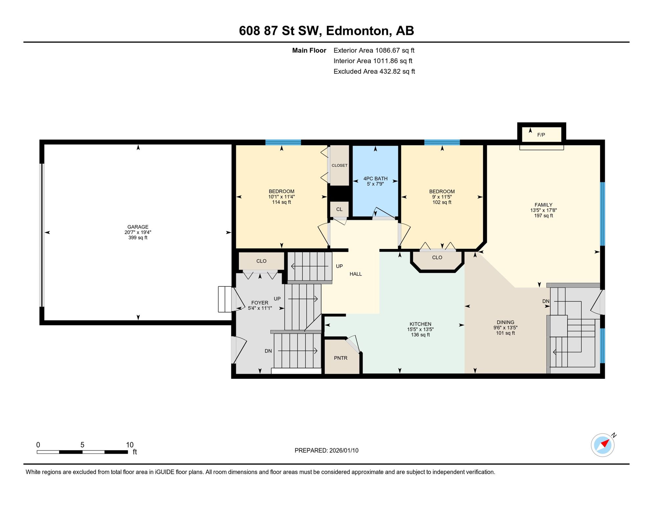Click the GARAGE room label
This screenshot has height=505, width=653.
pos(138,227)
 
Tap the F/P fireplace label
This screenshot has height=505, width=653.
pos(541,135)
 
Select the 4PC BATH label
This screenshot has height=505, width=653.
pos(375,179)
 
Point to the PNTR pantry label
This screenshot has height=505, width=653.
pos(341,358)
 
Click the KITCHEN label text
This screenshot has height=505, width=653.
pos(420,324)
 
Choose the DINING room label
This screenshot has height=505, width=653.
pos(506,323)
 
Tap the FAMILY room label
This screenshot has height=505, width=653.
pos(544,205)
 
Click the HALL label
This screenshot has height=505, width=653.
pos(356,274)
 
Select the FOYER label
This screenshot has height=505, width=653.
pos(260,303)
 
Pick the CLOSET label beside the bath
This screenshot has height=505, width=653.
pos(340,165)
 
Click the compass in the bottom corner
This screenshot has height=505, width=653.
pos(603,445)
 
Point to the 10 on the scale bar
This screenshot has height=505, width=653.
pos(130,445)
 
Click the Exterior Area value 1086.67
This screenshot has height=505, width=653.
pos(388,50)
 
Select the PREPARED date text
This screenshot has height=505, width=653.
pos(326,450)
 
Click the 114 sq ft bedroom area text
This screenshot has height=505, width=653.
pos(281,202)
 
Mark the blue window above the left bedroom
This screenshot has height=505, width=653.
pos(283,142)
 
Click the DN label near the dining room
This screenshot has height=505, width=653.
pos(546,301)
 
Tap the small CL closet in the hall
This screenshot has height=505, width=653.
pos(339,209)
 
